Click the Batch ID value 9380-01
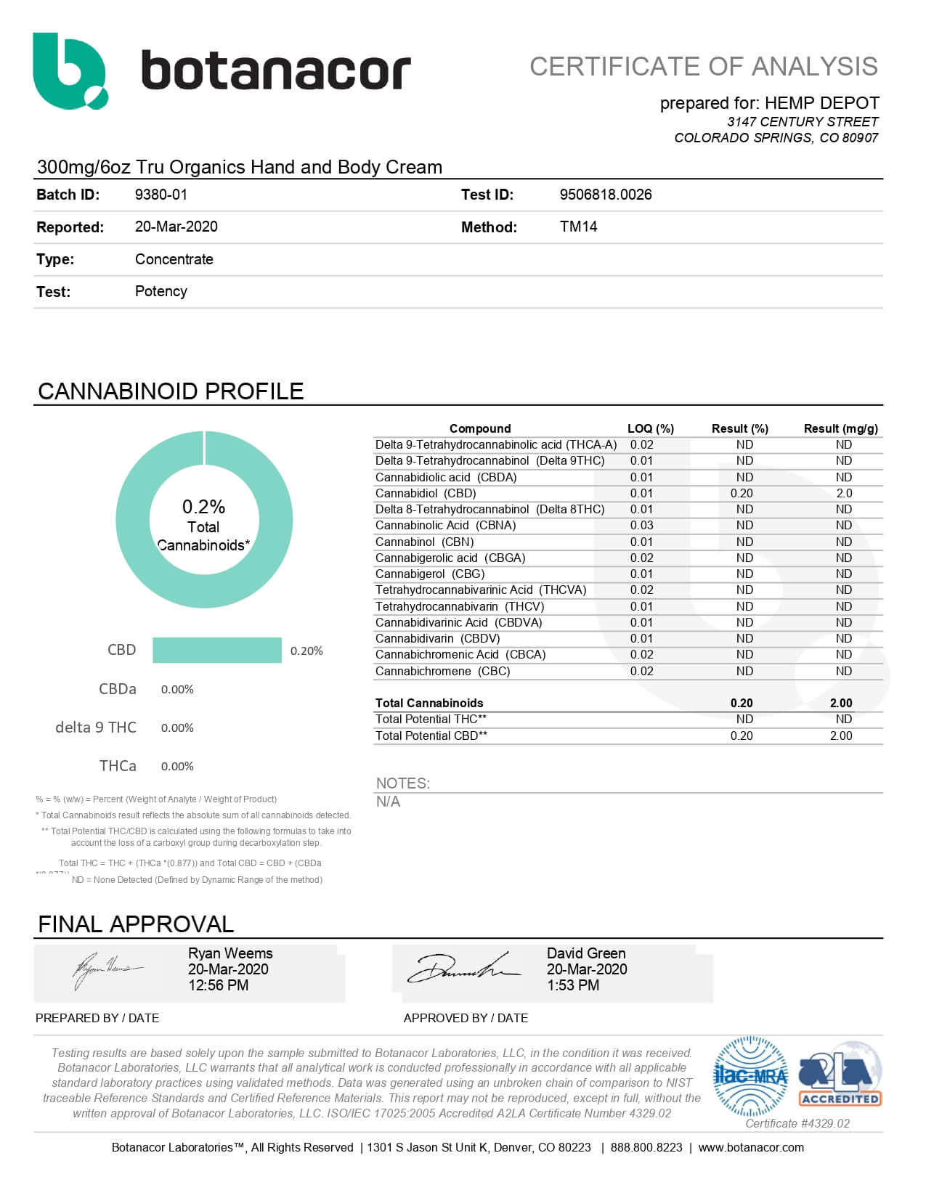(x=161, y=195)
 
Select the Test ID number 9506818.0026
(x=605, y=195)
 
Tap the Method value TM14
(x=578, y=227)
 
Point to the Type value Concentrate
(x=174, y=259)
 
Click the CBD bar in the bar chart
(x=216, y=651)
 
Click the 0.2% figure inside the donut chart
(x=203, y=507)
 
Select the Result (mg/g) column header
(x=840, y=428)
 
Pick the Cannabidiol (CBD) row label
(x=426, y=493)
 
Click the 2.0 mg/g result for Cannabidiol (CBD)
(x=844, y=493)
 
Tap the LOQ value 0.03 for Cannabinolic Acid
(x=641, y=525)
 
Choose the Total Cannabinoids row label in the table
(x=429, y=703)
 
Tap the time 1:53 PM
(x=572, y=985)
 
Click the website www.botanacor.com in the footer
(x=750, y=1147)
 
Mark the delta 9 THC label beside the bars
(x=96, y=728)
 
